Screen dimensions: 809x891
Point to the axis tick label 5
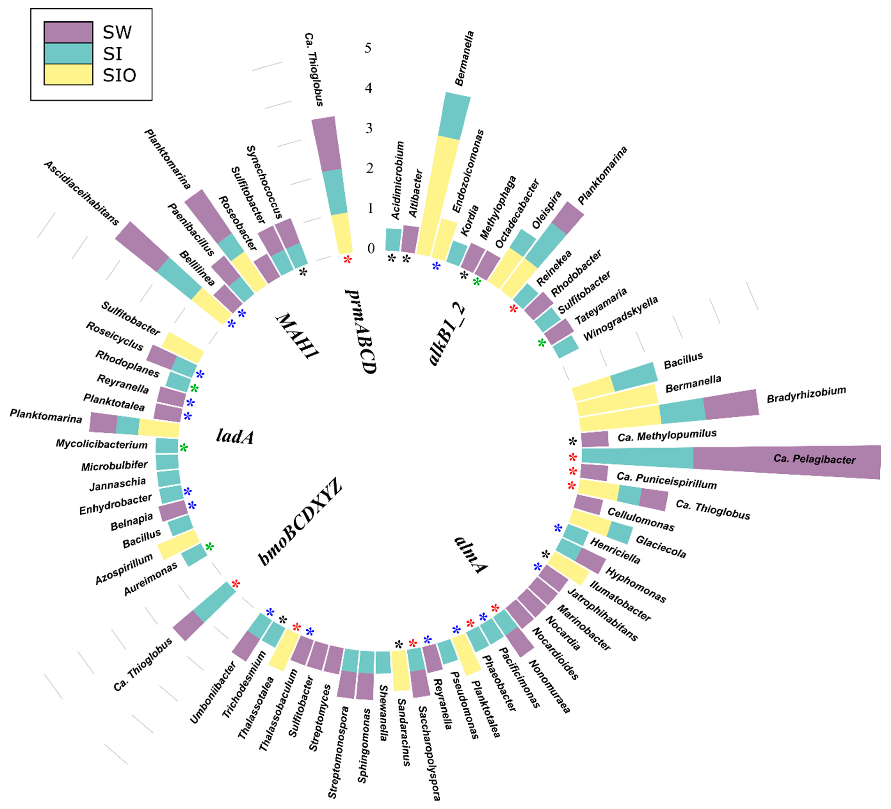tap(368, 48)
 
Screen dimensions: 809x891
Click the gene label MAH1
tap(297, 336)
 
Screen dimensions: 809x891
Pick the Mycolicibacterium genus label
tap(102, 444)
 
